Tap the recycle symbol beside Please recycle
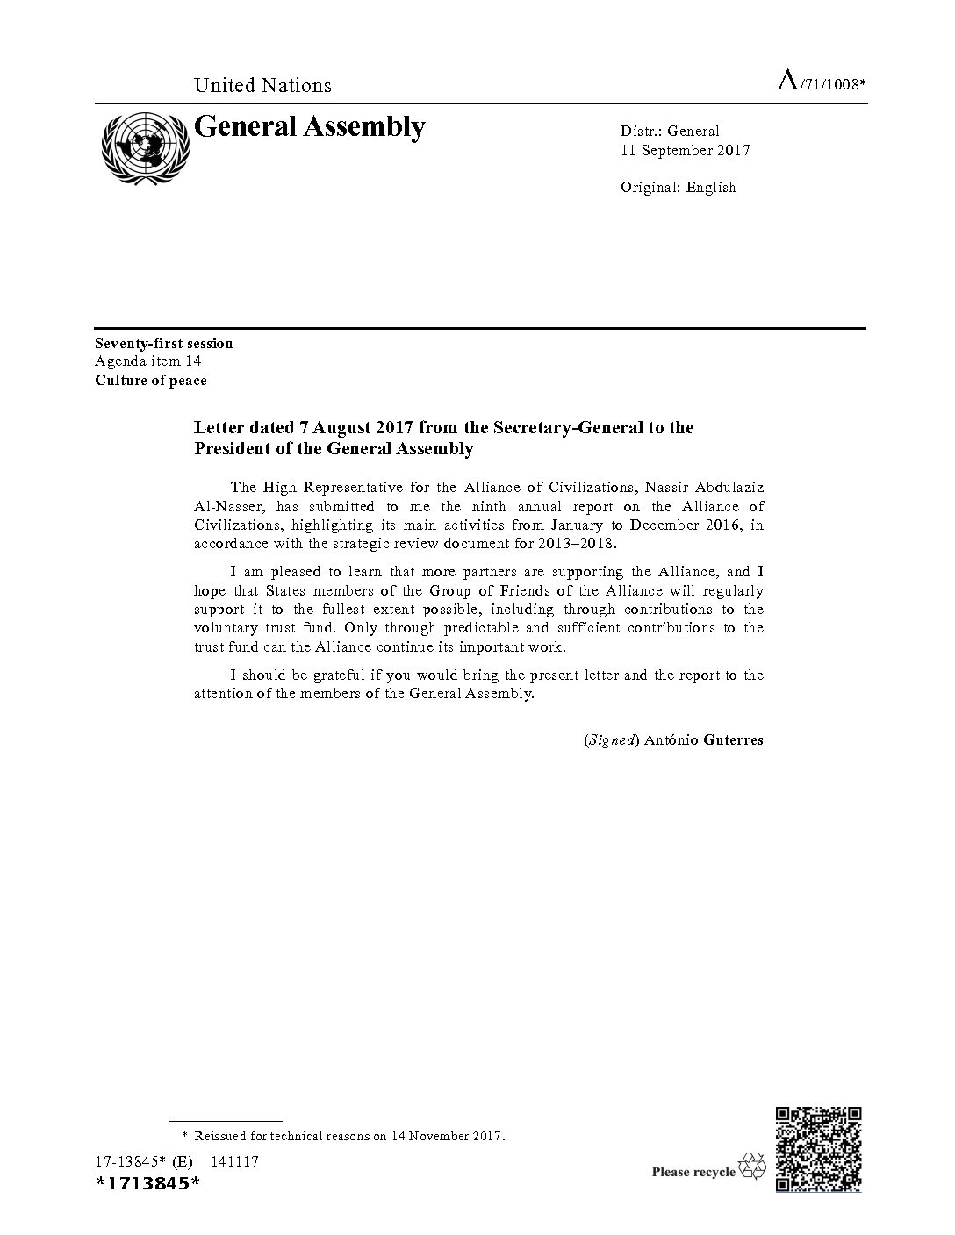(x=752, y=1167)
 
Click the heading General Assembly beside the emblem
(x=309, y=128)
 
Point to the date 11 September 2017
(x=685, y=150)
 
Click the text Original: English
(x=678, y=187)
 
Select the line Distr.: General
(x=669, y=132)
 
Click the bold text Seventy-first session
(x=164, y=343)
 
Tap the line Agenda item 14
(x=149, y=361)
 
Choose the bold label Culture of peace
(x=151, y=381)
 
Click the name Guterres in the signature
(x=733, y=739)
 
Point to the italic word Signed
(x=611, y=739)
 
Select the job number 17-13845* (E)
(x=143, y=1162)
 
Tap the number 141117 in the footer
(x=234, y=1162)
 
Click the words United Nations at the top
(x=262, y=85)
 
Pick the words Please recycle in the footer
(x=693, y=1172)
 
